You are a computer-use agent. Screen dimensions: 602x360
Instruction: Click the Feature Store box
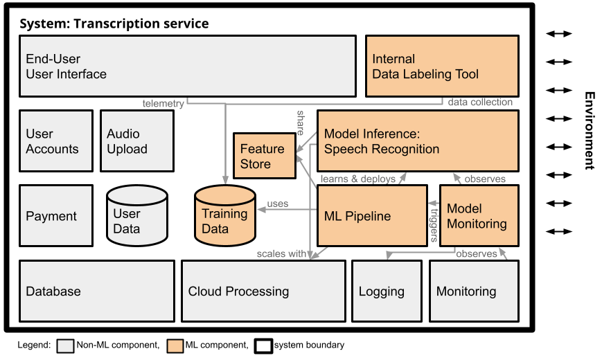[265, 156]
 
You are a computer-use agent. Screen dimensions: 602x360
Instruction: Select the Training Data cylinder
[225, 215]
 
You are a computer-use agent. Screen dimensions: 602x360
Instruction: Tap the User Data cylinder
[137, 215]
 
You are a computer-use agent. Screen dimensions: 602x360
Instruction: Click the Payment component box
[56, 216]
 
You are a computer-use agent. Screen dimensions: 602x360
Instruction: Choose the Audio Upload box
[137, 141]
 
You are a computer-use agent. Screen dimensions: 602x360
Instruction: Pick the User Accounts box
[56, 141]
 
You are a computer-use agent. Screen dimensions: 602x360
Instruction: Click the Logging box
[387, 291]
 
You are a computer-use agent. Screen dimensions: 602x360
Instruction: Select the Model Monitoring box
[479, 216]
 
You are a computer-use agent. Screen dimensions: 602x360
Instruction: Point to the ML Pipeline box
[372, 216]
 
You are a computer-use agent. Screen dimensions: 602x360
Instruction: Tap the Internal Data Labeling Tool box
[442, 66]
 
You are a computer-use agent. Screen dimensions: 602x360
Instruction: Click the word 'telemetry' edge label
[163, 104]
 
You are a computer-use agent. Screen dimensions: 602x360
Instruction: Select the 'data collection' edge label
[480, 102]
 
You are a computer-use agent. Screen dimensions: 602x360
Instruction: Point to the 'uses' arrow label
[278, 204]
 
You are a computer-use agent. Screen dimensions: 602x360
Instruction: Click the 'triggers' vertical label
[434, 225]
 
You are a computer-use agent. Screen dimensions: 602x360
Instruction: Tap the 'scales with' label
[281, 253]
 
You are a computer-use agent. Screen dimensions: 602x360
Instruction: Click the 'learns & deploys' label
[358, 179]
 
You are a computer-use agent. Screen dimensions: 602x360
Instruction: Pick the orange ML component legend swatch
[175, 345]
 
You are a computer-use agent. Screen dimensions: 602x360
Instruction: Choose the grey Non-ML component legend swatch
[65, 345]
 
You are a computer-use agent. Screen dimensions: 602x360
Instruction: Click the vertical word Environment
[590, 130]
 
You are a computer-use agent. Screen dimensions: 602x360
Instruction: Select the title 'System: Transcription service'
[114, 24]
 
